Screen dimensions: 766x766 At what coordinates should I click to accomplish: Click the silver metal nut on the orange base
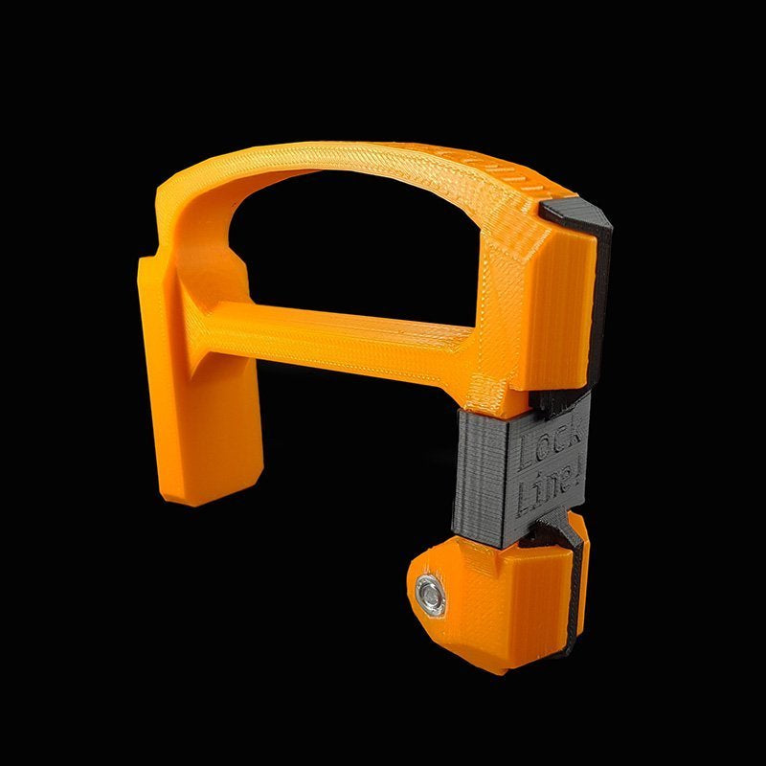click(x=430, y=596)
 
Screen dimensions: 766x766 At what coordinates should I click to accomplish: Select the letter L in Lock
click(x=525, y=454)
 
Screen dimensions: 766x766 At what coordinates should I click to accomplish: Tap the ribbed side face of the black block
click(x=482, y=479)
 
